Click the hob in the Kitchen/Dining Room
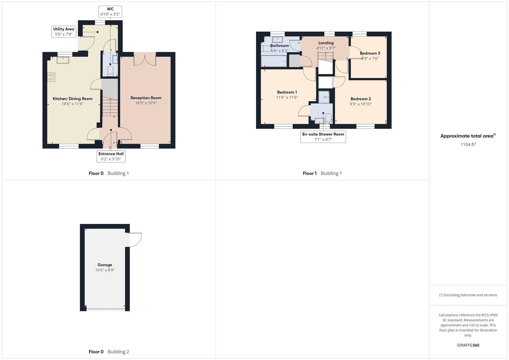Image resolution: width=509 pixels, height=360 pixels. point(51,77)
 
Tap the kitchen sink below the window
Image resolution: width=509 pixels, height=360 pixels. point(63,60)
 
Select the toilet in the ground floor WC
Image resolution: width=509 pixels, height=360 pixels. point(110,71)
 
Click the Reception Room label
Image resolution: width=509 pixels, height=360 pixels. point(146,98)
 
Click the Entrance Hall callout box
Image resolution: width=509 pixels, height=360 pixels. point(111,156)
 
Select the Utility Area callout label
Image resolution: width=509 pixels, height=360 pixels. point(64,32)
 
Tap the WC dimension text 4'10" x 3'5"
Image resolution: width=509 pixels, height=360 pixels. point(110,14)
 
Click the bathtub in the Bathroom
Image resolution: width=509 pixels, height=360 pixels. point(274,61)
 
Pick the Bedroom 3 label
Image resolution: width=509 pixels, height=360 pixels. point(370,53)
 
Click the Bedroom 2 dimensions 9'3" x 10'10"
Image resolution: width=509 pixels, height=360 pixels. point(361,104)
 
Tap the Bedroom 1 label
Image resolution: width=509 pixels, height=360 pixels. point(287,92)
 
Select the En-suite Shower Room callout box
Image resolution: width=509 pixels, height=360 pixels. point(323,137)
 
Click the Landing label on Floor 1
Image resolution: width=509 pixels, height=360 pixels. point(326,43)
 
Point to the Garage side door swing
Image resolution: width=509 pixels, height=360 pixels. point(135,239)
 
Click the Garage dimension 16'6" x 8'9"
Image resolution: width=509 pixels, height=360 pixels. point(105,270)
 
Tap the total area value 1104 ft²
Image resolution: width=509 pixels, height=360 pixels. point(468,144)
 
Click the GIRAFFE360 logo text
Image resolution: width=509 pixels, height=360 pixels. point(468,345)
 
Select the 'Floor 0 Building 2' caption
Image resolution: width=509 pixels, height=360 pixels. point(109,352)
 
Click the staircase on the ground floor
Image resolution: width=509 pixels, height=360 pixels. point(110,107)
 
